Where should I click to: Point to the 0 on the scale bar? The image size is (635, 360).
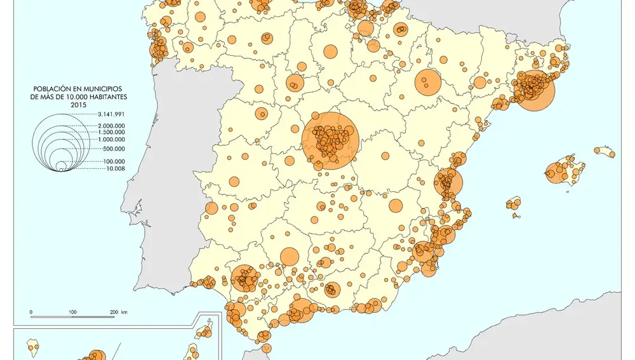click(31, 312)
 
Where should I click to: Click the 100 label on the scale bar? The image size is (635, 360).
click(72, 312)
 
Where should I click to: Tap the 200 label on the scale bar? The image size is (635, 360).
click(112, 312)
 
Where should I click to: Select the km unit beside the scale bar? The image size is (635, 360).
click(124, 312)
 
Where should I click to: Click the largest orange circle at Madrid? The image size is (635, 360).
click(330, 140)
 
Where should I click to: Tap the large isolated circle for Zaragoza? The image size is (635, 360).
click(427, 82)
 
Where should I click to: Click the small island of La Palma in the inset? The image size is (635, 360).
click(30, 347)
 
